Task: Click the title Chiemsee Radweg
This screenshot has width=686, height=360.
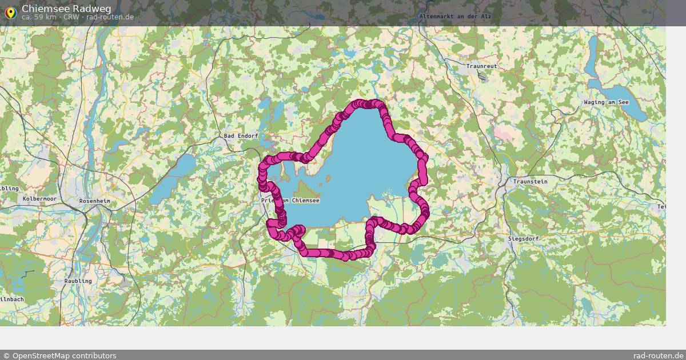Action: pyautogui.click(x=66, y=8)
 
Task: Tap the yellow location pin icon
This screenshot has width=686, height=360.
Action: pyautogui.click(x=10, y=12)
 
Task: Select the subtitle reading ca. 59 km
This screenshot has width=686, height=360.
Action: pyautogui.click(x=39, y=17)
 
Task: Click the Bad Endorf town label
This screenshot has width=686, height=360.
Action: pyautogui.click(x=241, y=136)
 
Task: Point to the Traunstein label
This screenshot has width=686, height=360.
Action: pyautogui.click(x=530, y=182)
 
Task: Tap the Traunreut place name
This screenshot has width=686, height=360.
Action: pyautogui.click(x=481, y=66)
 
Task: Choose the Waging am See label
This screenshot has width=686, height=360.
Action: pyautogui.click(x=606, y=102)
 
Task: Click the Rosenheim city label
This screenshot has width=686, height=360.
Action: pyautogui.click(x=94, y=202)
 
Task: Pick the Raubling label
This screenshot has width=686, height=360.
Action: pyautogui.click(x=78, y=281)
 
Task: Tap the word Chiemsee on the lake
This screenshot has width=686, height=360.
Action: pyautogui.click(x=305, y=201)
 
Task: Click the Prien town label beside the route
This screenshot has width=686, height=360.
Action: pyautogui.click(x=268, y=201)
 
